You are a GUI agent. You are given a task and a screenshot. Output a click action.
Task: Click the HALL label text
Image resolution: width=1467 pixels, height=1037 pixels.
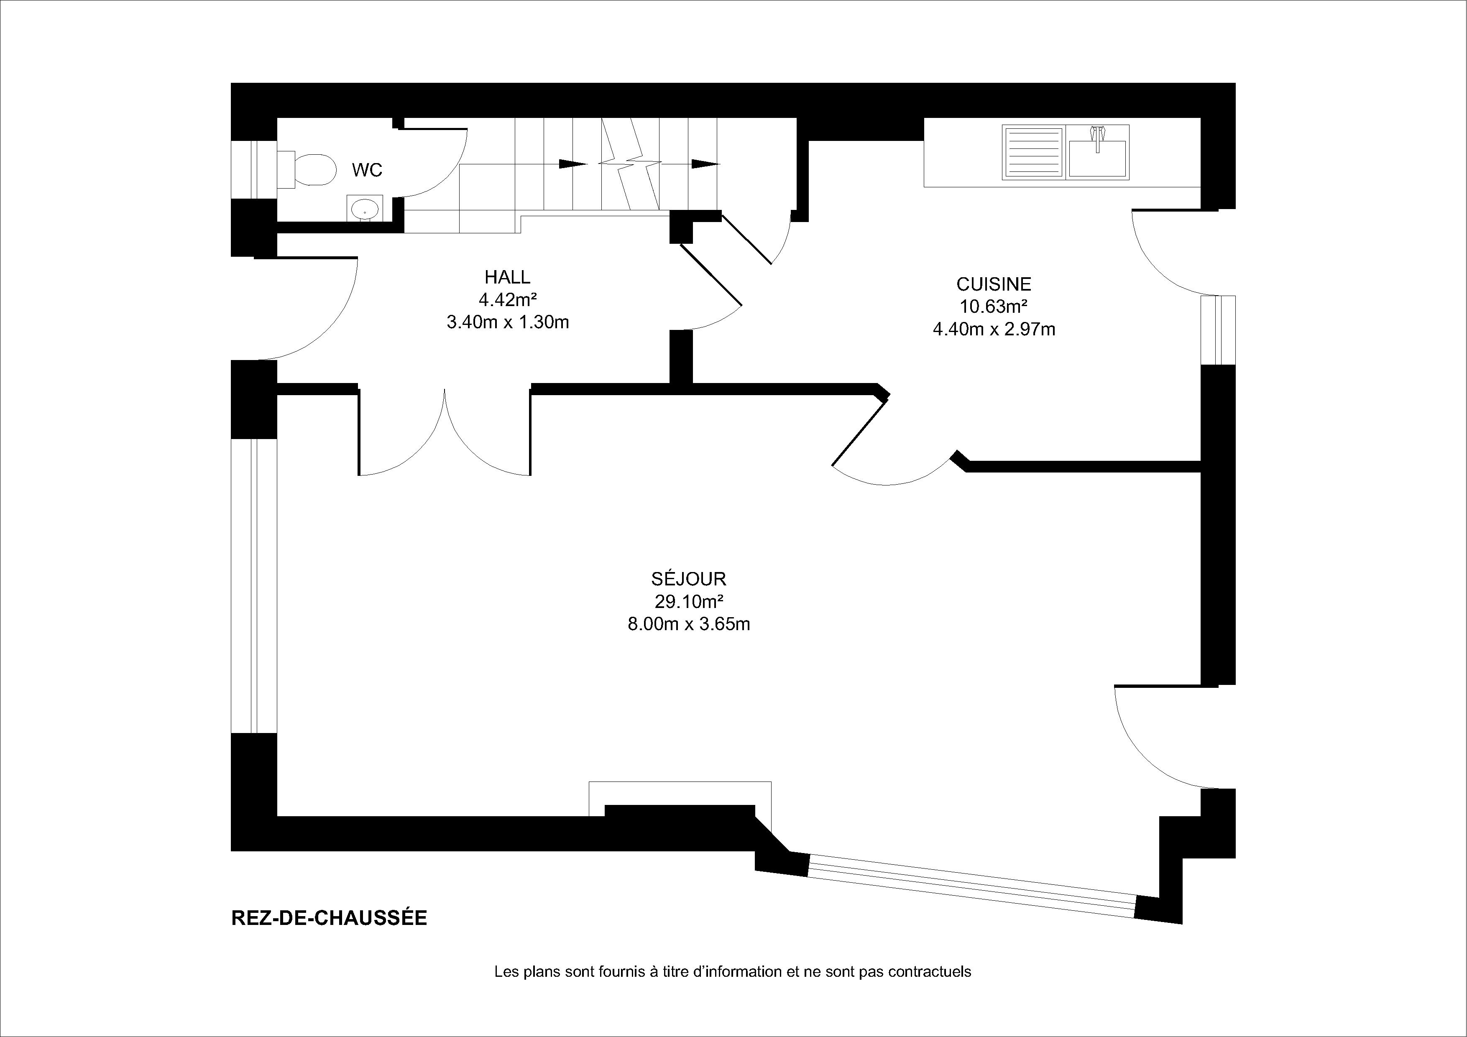[x=507, y=277]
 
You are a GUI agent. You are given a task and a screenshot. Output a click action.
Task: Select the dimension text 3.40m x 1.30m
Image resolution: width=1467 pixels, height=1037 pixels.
[x=507, y=322]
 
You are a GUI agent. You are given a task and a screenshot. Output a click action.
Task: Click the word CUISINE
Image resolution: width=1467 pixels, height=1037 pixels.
[x=994, y=284]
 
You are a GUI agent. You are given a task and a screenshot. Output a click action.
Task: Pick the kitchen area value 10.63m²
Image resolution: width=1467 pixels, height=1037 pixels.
[x=994, y=307]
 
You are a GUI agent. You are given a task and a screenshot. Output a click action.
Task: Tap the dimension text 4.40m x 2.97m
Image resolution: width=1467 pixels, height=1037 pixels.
[x=994, y=329]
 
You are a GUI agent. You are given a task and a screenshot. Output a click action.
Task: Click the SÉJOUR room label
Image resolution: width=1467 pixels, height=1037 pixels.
[x=689, y=578]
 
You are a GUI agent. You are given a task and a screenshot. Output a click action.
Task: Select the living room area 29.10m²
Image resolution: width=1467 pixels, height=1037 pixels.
[x=689, y=601]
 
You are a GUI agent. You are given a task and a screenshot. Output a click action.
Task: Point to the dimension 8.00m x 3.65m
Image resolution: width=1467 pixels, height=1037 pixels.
[x=689, y=623]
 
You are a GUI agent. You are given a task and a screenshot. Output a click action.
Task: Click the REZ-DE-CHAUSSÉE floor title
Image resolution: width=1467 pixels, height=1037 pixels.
[x=329, y=917]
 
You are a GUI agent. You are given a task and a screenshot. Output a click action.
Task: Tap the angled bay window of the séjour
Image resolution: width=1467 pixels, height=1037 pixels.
[x=971, y=885]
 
